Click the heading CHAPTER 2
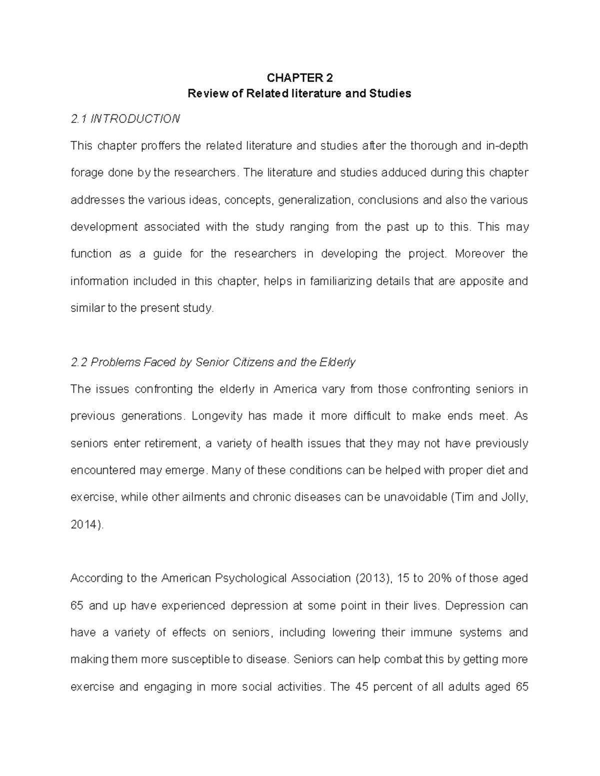tap(299, 77)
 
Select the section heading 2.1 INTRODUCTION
tap(125, 119)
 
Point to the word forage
tap(85, 173)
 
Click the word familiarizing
tap(341, 281)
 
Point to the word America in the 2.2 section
tap(295, 389)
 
